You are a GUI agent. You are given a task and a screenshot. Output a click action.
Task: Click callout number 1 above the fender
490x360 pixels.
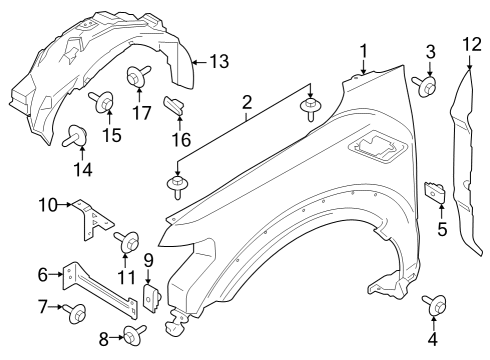pos(365,50)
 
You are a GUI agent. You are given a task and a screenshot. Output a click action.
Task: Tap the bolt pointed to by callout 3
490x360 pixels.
pos(428,87)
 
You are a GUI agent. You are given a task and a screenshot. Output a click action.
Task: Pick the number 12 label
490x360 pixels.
pos(471,43)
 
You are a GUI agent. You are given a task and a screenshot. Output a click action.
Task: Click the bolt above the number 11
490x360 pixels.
pos(128,241)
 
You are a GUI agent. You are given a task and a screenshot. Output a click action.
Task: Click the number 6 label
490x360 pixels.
pos(42,274)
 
